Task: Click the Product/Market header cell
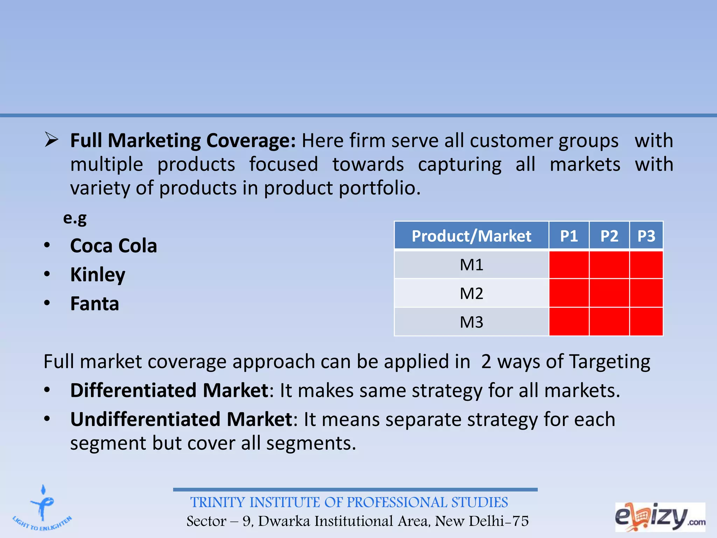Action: pyautogui.click(x=471, y=236)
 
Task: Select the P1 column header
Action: pyautogui.click(x=569, y=236)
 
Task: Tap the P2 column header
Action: pyautogui.click(x=609, y=236)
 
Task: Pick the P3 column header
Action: pyautogui.click(x=646, y=236)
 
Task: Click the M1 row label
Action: pyautogui.click(x=471, y=265)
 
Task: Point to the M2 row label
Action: pyautogui.click(x=471, y=294)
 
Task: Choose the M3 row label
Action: pyautogui.click(x=471, y=322)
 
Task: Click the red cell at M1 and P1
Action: pyautogui.click(x=569, y=265)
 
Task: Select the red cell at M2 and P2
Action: pyautogui.click(x=609, y=294)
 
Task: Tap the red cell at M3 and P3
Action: pyautogui.click(x=646, y=322)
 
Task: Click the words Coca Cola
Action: pyautogui.click(x=113, y=246)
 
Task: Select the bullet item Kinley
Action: pyautogui.click(x=98, y=275)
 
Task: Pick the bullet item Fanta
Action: pyautogui.click(x=95, y=304)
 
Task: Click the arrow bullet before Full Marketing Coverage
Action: pyautogui.click(x=51, y=140)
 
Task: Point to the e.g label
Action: pyautogui.click(x=75, y=218)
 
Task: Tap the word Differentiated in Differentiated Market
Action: pyautogui.click(x=133, y=390)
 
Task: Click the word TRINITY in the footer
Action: pyautogui.click(x=217, y=502)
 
